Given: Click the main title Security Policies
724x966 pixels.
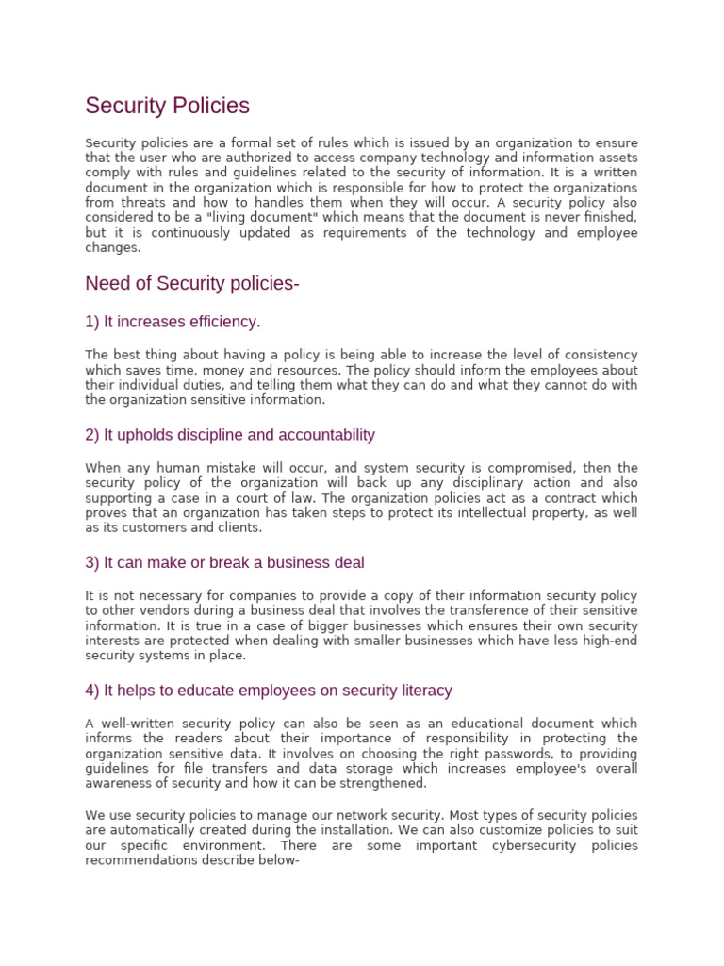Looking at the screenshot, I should (x=167, y=106).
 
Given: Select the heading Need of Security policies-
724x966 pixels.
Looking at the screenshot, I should (x=192, y=284).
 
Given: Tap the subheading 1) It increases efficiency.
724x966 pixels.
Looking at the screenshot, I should (x=173, y=322).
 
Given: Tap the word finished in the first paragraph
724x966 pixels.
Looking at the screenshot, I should (x=608, y=218).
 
